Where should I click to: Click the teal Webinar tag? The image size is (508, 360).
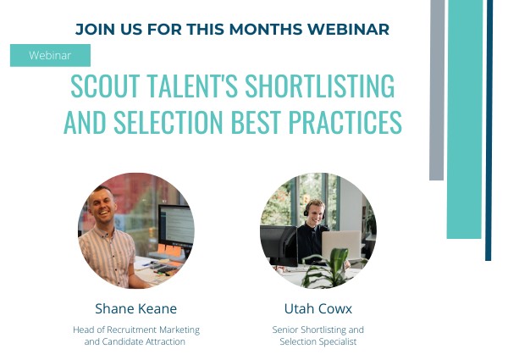tap(50, 55)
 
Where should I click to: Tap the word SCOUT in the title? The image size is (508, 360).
tap(102, 86)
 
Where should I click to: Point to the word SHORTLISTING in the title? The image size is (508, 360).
tap(317, 86)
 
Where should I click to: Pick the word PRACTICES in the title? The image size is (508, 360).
tap(347, 123)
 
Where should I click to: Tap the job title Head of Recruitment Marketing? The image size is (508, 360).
tap(135, 330)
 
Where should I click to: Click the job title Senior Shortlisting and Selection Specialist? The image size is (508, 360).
tap(317, 335)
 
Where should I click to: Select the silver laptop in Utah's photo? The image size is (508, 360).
tap(340, 246)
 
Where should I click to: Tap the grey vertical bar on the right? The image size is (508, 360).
tap(436, 89)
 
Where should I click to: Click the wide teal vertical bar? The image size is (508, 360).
tap(464, 119)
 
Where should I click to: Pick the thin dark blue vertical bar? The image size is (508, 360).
tap(489, 127)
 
